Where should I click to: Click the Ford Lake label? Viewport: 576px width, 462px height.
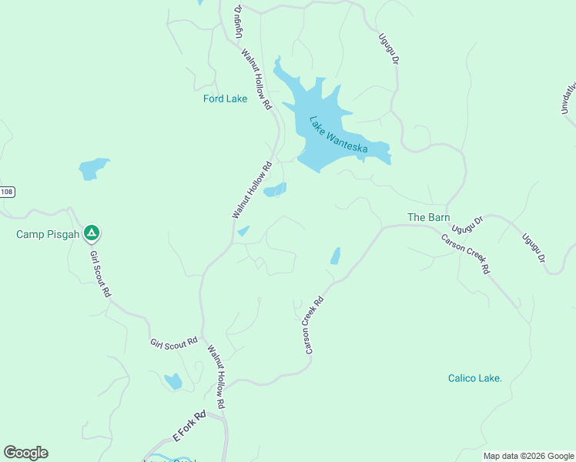pyautogui.click(x=225, y=99)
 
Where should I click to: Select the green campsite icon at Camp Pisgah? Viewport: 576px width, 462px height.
pyautogui.click(x=92, y=233)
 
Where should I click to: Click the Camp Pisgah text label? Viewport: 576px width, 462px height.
pyautogui.click(x=47, y=234)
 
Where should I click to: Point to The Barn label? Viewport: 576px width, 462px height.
pyautogui.click(x=428, y=218)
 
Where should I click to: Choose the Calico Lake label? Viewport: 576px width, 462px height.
pyautogui.click(x=475, y=378)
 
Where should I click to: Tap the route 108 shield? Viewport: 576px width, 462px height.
pyautogui.click(x=7, y=192)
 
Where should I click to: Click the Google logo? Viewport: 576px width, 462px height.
pyautogui.click(x=25, y=453)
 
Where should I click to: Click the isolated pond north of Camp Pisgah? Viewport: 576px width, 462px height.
pyautogui.click(x=93, y=168)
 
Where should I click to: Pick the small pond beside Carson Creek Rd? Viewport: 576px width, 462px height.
pyautogui.click(x=335, y=256)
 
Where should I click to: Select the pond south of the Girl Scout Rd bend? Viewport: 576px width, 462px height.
pyautogui.click(x=173, y=381)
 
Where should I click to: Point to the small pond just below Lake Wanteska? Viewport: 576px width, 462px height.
pyautogui.click(x=275, y=189)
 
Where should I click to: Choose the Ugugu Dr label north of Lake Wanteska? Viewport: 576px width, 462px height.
pyautogui.click(x=390, y=48)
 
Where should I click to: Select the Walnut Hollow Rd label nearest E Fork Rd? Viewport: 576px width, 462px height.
pyautogui.click(x=215, y=376)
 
